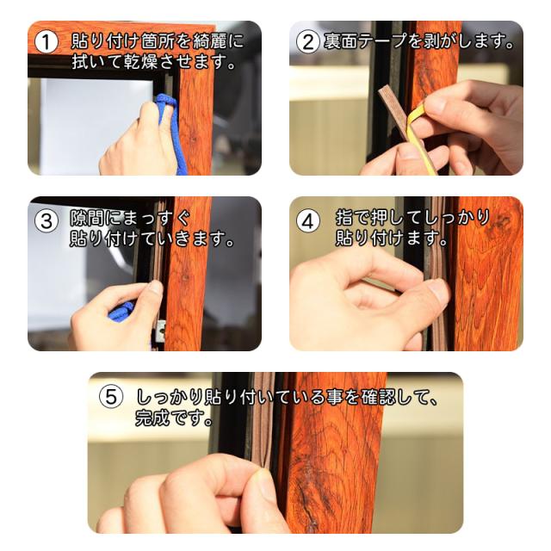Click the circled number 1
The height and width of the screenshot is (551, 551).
[46, 42]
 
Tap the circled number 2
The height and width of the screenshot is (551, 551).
[308, 42]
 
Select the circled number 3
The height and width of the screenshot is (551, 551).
[46, 221]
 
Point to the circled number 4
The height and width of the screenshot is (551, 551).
[308, 221]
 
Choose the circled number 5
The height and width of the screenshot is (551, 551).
[111, 396]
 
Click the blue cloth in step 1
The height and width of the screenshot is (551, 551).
[171, 130]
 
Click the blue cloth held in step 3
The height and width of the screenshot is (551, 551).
[121, 312]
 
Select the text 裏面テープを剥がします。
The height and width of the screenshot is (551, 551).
[419, 41]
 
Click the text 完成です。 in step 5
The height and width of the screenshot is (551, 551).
[175, 418]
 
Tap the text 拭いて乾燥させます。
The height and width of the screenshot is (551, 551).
[153, 62]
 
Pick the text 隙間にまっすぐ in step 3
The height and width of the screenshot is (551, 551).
[130, 218]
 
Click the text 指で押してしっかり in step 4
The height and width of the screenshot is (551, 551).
[412, 217]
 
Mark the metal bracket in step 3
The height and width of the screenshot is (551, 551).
[161, 331]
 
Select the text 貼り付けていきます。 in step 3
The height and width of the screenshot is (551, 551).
[152, 238]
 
